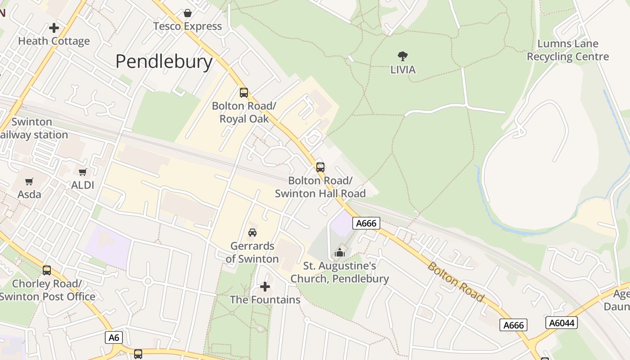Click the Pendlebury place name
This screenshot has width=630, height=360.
click(x=164, y=62)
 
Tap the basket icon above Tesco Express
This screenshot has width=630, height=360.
click(x=188, y=13)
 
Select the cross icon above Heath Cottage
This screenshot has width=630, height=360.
click(x=54, y=28)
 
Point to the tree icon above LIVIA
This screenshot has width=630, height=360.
click(x=403, y=56)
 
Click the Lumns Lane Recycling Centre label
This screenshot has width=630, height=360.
click(x=567, y=50)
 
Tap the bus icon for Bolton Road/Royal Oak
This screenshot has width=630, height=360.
click(x=244, y=93)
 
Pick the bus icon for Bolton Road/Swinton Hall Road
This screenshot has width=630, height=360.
click(x=320, y=167)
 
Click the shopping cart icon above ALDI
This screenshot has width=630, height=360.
click(x=83, y=172)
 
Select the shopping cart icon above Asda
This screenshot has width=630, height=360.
click(x=29, y=181)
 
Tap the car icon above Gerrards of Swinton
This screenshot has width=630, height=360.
click(x=252, y=233)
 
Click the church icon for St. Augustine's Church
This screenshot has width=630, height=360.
click(x=340, y=252)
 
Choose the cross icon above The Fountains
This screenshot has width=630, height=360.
click(x=265, y=286)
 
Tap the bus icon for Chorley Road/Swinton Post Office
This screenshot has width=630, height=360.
click(x=47, y=270)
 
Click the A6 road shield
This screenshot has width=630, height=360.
click(x=114, y=337)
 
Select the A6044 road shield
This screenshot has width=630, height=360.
click(x=561, y=322)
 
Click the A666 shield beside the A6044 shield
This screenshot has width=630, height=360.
click(x=513, y=325)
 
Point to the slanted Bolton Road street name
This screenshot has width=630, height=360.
click(x=455, y=282)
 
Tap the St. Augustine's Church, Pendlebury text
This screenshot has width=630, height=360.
click(x=340, y=272)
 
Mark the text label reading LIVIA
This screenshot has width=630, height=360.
click(x=403, y=70)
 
